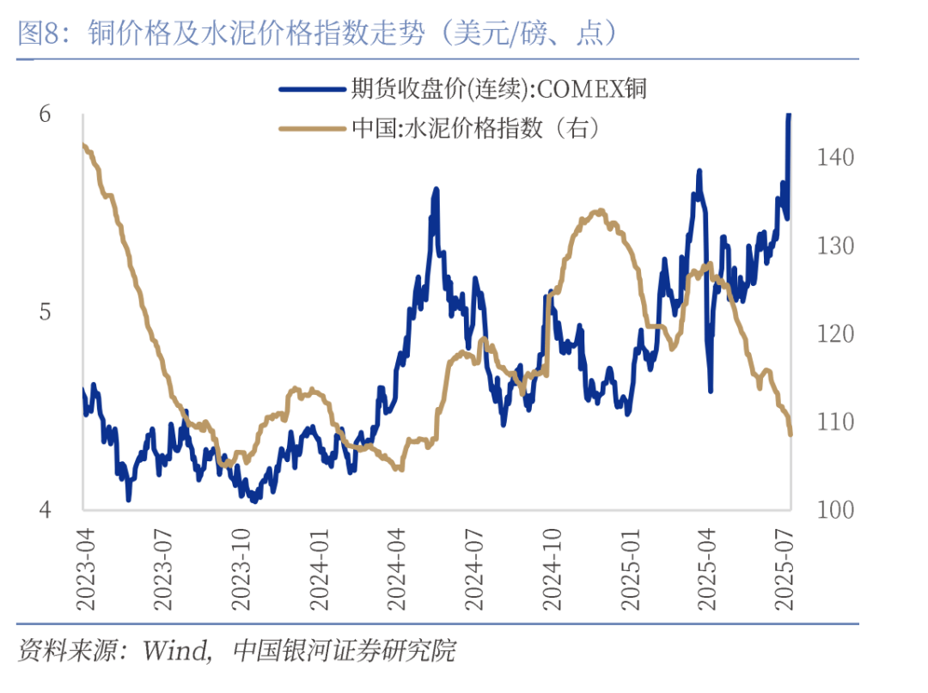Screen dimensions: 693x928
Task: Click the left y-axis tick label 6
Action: (x=46, y=114)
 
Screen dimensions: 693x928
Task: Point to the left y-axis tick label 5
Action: (x=46, y=312)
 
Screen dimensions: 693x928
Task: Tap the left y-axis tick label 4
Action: (x=46, y=509)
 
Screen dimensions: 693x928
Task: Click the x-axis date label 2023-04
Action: (x=84, y=568)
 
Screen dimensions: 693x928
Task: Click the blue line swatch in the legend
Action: (x=310, y=88)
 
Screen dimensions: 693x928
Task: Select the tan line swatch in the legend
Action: (x=310, y=129)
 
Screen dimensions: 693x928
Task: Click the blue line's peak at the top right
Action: (x=789, y=115)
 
